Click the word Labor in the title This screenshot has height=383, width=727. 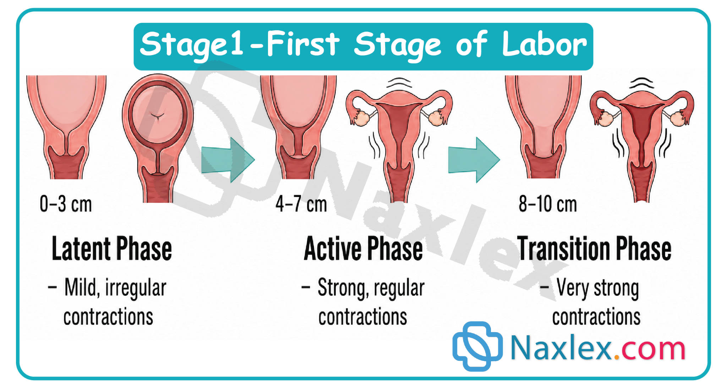(544, 44)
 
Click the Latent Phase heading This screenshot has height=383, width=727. (112, 249)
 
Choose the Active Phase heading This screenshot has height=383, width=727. (363, 249)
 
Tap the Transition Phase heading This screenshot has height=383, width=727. (594, 249)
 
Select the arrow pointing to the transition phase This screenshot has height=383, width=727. (474, 160)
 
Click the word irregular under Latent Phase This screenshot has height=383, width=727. (136, 288)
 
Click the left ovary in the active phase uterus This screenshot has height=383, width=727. (362, 118)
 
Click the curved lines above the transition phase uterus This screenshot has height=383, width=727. (641, 83)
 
